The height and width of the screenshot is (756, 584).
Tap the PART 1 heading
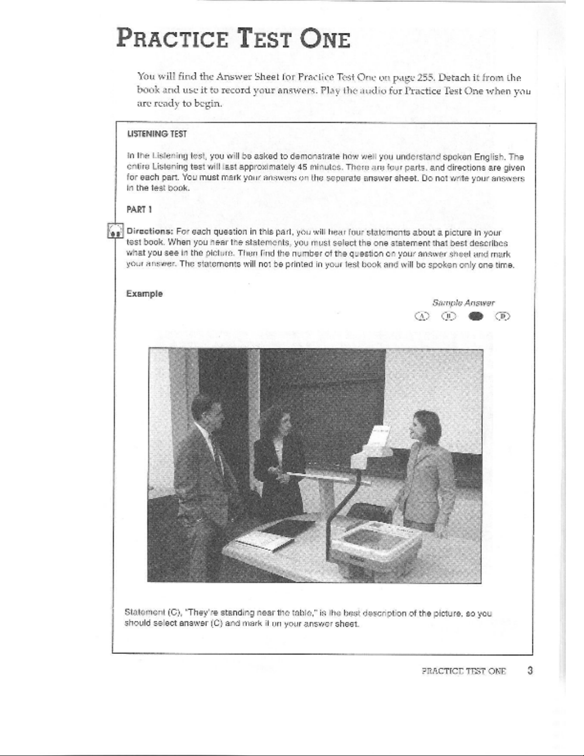tap(139, 209)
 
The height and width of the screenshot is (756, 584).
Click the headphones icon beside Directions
tap(115, 230)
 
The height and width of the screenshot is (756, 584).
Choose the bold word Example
tap(144, 294)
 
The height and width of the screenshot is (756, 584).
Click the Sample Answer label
tap(463, 303)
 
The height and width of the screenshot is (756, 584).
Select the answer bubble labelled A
tap(422, 316)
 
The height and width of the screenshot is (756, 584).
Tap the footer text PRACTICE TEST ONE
tap(463, 672)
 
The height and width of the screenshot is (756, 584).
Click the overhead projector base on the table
tap(381, 539)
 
